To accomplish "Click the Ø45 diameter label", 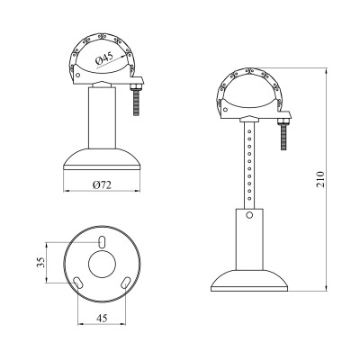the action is tap(104, 58).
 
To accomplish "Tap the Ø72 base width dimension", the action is tap(102, 185).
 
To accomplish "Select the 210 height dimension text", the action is tap(320, 179).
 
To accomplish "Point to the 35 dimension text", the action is tap(40, 262).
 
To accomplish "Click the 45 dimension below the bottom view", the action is tap(102, 318).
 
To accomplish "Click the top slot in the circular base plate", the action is tap(102, 242).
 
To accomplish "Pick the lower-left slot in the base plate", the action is tap(77, 283).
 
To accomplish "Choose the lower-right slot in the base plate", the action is tap(126, 283).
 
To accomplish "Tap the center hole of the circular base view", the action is tap(102, 264).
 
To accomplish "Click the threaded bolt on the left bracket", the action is tap(136, 102).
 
